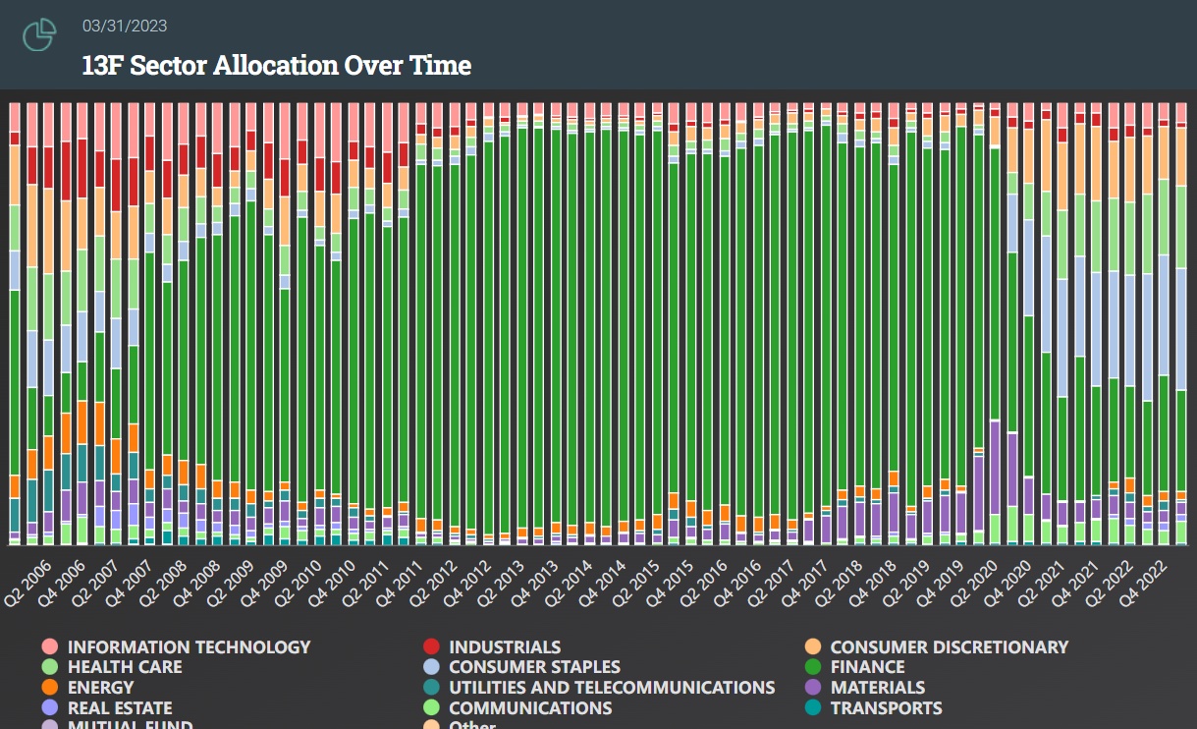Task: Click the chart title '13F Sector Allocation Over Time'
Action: click(x=277, y=66)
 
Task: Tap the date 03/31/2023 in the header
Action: click(x=125, y=27)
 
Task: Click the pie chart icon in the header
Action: click(x=38, y=35)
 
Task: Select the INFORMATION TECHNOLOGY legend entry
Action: click(x=189, y=646)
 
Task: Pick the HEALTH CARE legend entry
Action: click(x=125, y=667)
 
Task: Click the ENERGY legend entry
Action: click(x=100, y=688)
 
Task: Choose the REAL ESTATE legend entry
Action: click(x=120, y=708)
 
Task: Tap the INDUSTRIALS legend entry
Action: click(x=505, y=646)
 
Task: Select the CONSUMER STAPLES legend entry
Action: click(x=534, y=667)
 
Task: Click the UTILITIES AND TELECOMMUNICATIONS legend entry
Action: click(x=612, y=688)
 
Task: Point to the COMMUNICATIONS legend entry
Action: click(x=530, y=708)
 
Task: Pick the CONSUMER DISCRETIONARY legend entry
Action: click(x=949, y=646)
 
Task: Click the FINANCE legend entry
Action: click(x=867, y=667)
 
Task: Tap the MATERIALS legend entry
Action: click(x=878, y=688)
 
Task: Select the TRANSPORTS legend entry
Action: click(x=886, y=708)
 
